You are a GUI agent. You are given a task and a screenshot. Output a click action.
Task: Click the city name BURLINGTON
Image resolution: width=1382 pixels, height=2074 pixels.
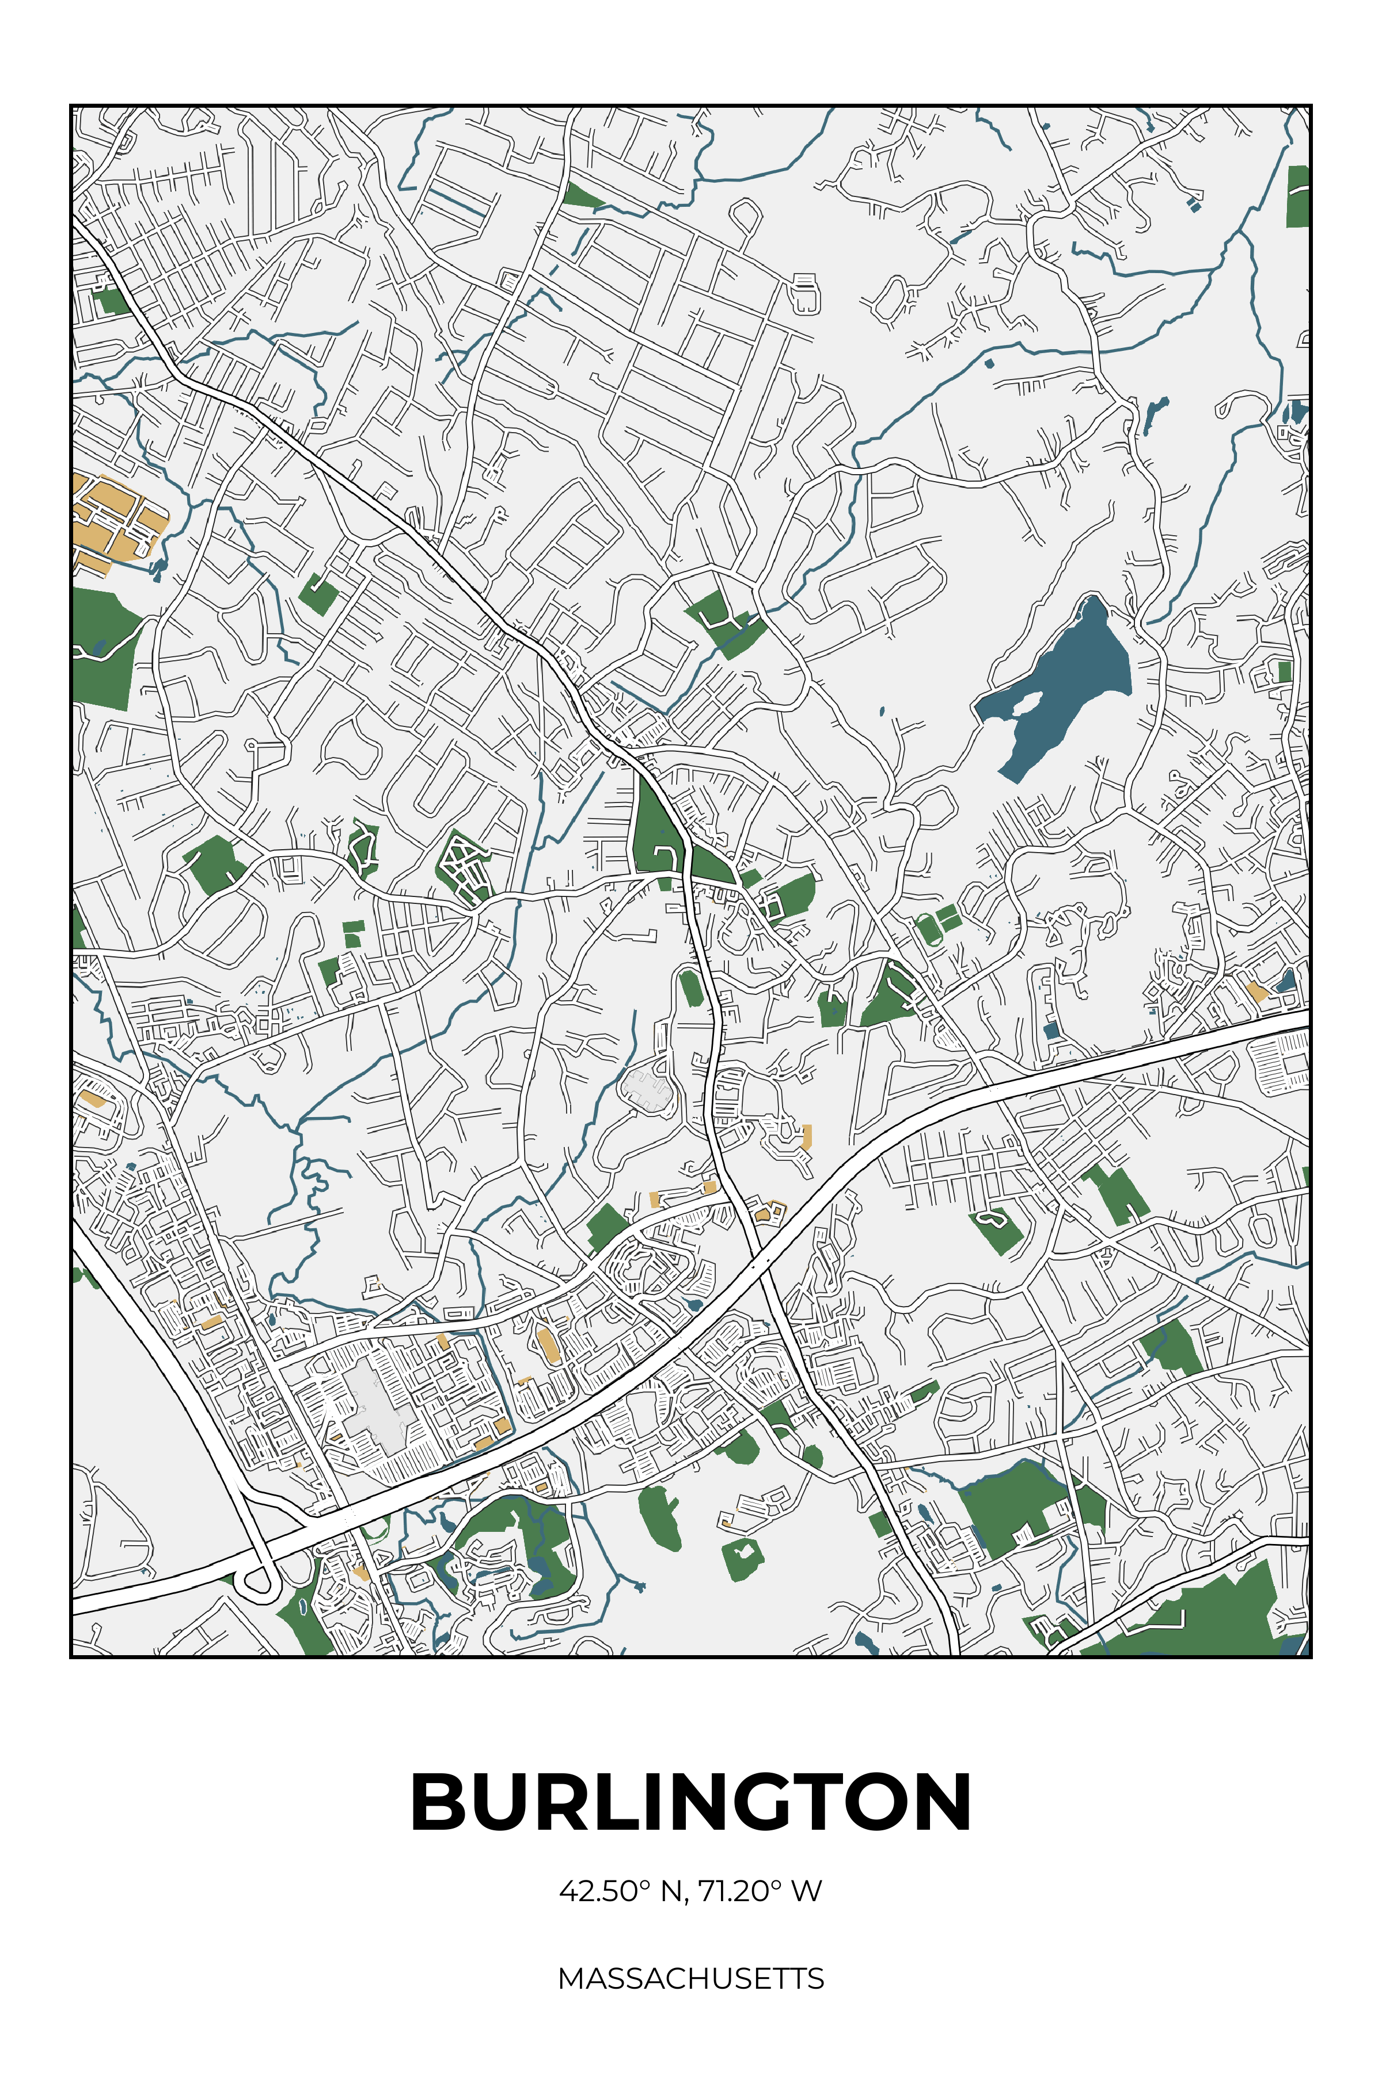pos(691,1801)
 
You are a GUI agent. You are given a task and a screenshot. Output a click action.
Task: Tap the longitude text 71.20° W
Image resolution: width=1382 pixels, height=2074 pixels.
pos(760,1891)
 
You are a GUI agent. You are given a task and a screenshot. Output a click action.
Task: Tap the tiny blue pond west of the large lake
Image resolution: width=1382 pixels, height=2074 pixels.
pos(882,710)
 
